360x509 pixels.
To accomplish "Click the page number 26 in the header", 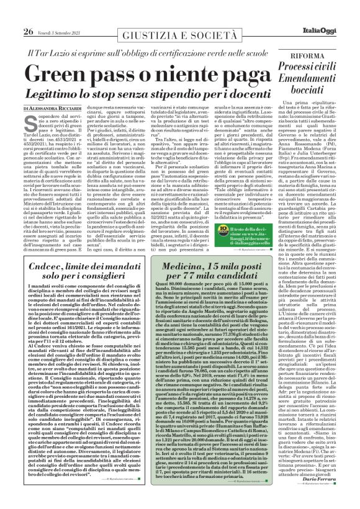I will tap(10, 12).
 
